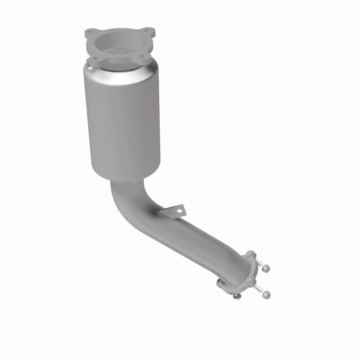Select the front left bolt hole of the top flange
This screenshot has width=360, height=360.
94,58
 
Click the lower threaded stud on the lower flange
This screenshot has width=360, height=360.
258,288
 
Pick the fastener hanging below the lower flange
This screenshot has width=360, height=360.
234,296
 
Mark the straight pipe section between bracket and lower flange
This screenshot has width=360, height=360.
211,243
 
